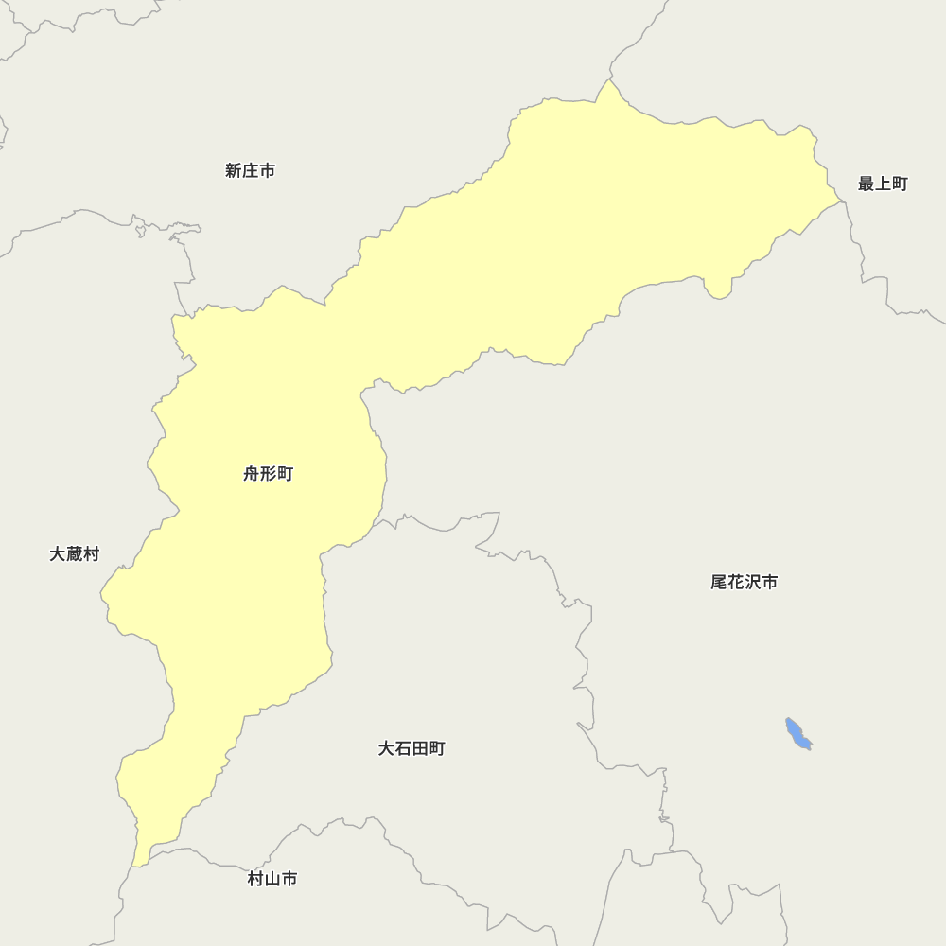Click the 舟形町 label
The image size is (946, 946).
point(268,474)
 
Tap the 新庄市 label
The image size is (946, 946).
point(250,171)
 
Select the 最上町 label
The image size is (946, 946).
point(882,184)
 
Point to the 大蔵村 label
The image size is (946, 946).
point(74,554)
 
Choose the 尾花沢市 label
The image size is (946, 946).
point(744,583)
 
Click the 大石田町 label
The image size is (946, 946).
point(411,749)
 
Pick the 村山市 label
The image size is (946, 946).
point(272,880)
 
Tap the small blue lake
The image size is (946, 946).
point(797,734)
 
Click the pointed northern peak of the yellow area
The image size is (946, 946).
point(611,82)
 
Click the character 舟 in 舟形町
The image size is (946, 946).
point(252,474)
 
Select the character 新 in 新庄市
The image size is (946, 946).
point(234,171)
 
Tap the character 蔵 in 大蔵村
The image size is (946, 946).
point(74,554)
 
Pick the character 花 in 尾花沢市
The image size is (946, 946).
point(735,583)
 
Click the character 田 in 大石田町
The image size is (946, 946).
point(419,749)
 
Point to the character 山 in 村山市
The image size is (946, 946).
point(272,880)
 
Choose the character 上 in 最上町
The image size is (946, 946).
point(882,184)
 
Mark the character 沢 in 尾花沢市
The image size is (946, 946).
point(752,583)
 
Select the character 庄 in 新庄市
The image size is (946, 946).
point(250,171)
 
